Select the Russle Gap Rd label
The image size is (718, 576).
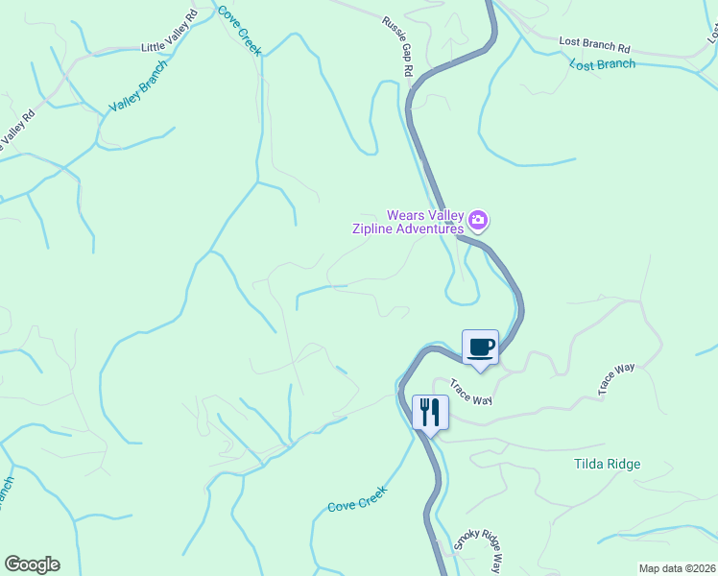point(397,46)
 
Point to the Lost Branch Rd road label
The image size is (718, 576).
point(594,45)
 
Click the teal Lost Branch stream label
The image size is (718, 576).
point(602,64)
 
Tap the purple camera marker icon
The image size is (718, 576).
point(479,223)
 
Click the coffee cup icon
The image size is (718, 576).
point(480,347)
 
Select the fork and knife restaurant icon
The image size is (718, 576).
point(430,412)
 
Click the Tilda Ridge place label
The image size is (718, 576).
point(607,465)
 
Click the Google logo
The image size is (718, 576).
point(32,564)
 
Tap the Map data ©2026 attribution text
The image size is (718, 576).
point(677,568)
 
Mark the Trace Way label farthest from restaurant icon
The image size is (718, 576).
point(617,379)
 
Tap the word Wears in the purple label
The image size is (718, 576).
point(406,215)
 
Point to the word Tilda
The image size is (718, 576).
point(589,465)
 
